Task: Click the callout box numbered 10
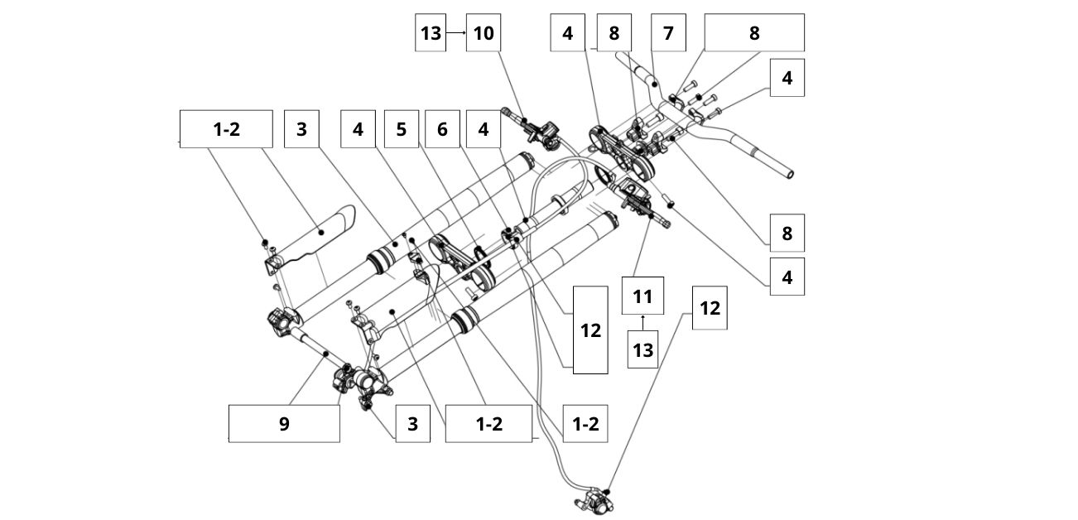tap(484, 33)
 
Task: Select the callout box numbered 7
tap(668, 33)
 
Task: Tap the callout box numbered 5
tap(402, 129)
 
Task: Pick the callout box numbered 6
tap(442, 129)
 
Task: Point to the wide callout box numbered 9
tap(284, 423)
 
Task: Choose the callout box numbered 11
tap(643, 296)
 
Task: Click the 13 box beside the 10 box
tap(431, 33)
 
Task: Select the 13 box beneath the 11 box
tap(643, 350)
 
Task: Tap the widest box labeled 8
tap(753, 33)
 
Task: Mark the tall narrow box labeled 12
tap(590, 330)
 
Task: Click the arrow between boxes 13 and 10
tap(456, 33)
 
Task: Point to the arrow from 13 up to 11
tap(643, 320)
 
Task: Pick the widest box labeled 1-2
tap(226, 129)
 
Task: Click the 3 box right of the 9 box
tap(412, 424)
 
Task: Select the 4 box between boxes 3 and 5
tap(358, 129)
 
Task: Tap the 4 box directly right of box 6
tap(484, 129)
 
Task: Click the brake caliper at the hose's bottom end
tap(589, 499)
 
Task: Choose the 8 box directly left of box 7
tap(614, 33)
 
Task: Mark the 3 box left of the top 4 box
tap(301, 129)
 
